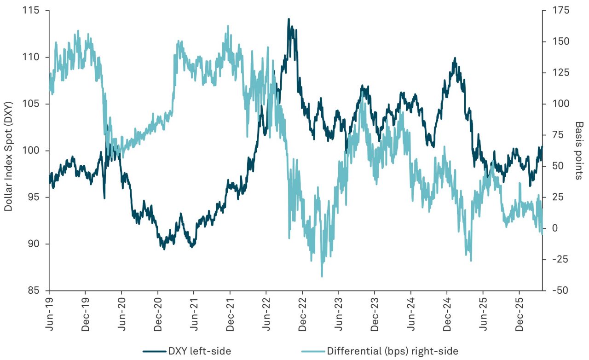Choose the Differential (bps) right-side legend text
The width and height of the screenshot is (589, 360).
tap(393, 351)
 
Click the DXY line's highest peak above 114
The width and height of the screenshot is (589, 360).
tap(289, 19)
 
